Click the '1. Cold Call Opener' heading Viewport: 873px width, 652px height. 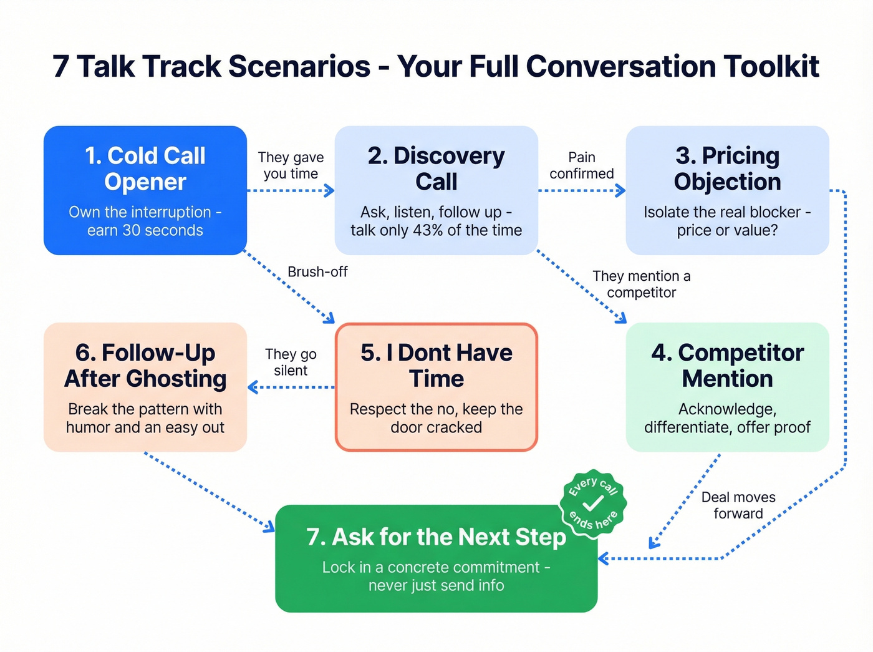click(x=145, y=168)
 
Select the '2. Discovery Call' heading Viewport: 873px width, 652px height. click(x=436, y=168)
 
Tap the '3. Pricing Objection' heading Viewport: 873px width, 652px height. click(x=727, y=168)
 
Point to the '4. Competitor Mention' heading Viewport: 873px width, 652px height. click(x=727, y=366)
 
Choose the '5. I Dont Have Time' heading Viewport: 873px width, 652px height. click(x=436, y=366)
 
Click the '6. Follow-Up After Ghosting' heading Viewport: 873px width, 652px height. click(x=145, y=366)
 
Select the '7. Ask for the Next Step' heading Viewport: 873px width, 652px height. click(x=436, y=537)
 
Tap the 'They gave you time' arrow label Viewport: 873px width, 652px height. click(x=291, y=165)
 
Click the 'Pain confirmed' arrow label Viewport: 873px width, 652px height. click(x=581, y=165)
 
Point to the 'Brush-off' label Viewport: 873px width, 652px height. click(x=317, y=272)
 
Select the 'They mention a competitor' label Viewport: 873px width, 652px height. click(x=641, y=284)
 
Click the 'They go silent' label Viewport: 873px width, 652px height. click(x=291, y=362)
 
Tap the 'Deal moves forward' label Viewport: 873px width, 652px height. click(x=738, y=505)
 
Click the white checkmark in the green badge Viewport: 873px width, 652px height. click(x=593, y=503)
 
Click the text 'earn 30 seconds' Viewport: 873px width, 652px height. click(x=145, y=230)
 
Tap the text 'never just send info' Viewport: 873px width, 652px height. click(x=436, y=586)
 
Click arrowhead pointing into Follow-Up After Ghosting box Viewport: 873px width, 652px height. click(x=253, y=387)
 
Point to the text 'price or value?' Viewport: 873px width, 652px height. click(x=727, y=230)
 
